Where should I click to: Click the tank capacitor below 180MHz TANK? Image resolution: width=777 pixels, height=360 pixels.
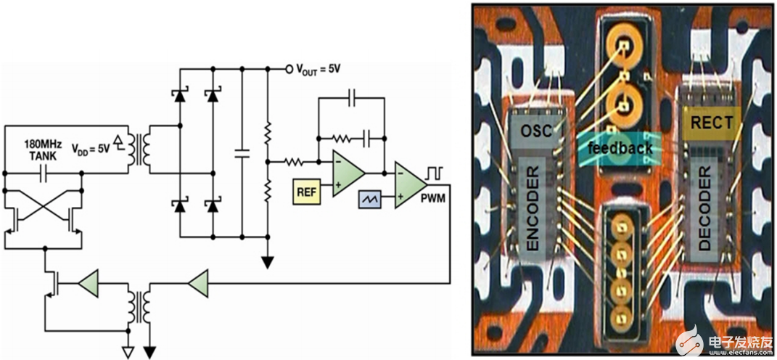[43, 174]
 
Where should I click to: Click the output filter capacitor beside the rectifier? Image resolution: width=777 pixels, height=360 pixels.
[242, 153]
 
